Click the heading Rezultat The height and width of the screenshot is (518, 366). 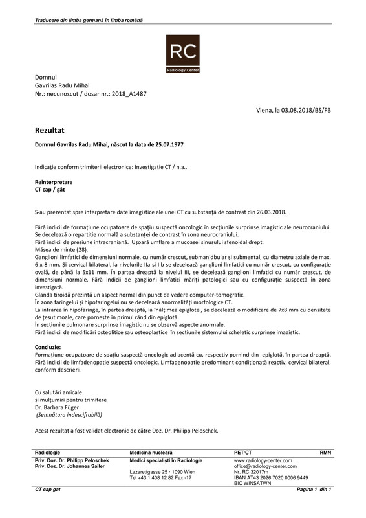click(49, 130)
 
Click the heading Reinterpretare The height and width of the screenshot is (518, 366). click(54, 183)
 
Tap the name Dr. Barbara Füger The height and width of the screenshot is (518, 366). click(62, 408)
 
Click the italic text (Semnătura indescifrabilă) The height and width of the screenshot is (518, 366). click(69, 415)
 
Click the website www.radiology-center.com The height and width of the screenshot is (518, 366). click(263, 460)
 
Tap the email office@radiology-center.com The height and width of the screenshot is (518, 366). click(265, 466)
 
